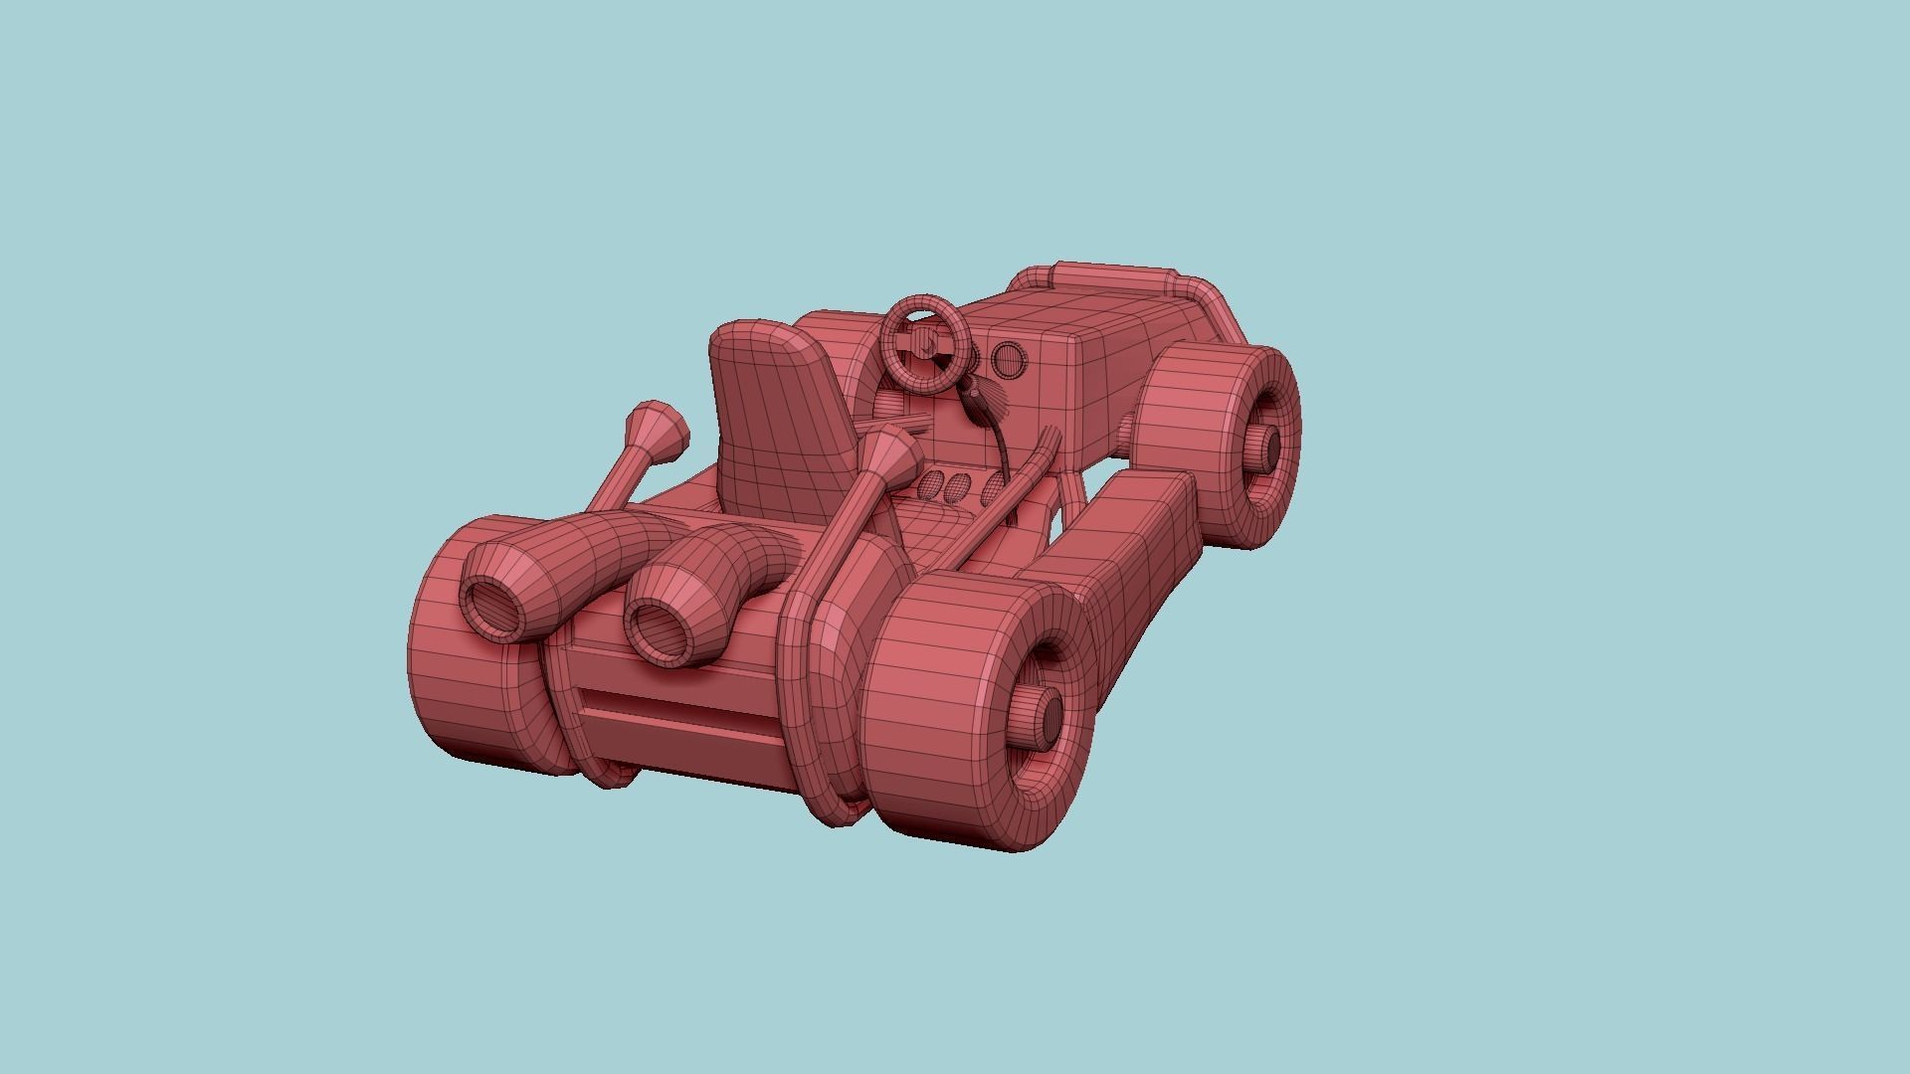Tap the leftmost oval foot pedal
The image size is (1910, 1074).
coord(931,483)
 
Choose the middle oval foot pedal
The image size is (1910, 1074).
coord(958,486)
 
